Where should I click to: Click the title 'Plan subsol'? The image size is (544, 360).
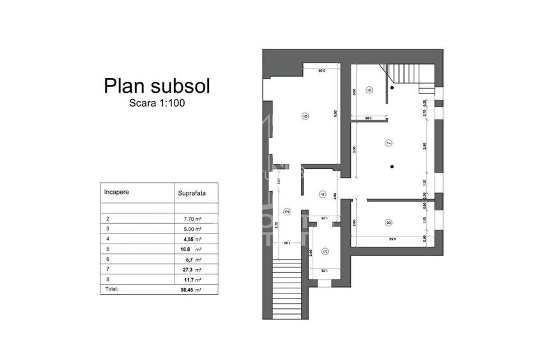pyautogui.click(x=157, y=86)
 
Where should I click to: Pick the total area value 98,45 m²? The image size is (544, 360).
pyautogui.click(x=192, y=289)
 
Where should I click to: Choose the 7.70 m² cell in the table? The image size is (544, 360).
pyautogui.click(x=192, y=218)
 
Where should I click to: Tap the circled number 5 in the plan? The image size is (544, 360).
pyautogui.click(x=306, y=116)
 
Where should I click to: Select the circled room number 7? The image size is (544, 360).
pyautogui.click(x=388, y=143)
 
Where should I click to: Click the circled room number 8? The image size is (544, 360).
pyautogui.click(x=388, y=222)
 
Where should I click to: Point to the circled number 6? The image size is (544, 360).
pyautogui.click(x=369, y=90)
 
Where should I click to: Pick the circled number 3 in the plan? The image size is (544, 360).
pyautogui.click(x=325, y=252)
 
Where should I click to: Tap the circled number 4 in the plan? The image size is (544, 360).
pyautogui.click(x=323, y=195)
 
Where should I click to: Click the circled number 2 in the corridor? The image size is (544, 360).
pyautogui.click(x=287, y=212)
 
